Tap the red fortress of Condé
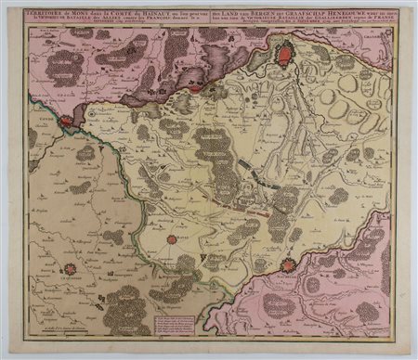67,120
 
